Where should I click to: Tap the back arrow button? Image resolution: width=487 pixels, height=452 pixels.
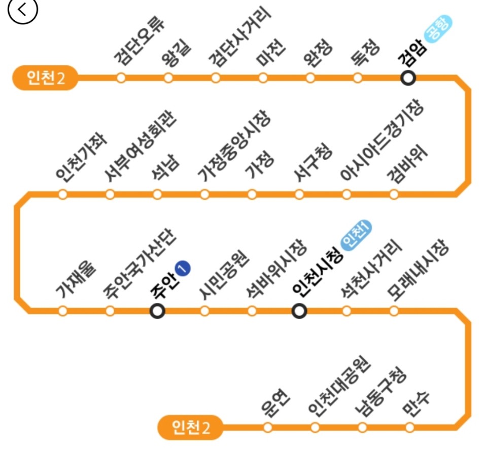(23, 11)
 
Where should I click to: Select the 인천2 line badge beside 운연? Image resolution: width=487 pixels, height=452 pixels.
(190, 427)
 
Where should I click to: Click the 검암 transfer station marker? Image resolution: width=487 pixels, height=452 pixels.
(408, 78)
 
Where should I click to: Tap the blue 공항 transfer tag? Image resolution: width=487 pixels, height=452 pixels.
(438, 29)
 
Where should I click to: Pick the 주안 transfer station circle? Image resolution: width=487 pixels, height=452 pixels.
(158, 311)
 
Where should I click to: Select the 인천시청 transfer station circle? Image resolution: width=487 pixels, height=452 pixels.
(299, 311)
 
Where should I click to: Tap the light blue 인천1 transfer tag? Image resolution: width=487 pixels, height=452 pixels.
(357, 236)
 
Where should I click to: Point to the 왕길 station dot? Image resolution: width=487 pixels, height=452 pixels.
(168, 78)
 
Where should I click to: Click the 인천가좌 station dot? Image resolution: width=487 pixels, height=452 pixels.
(62, 195)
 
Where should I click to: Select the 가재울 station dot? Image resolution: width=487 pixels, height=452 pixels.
(62, 311)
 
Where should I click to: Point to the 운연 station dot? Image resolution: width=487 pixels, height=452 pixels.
(268, 427)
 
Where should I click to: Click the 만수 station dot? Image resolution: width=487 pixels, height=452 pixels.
(409, 427)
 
